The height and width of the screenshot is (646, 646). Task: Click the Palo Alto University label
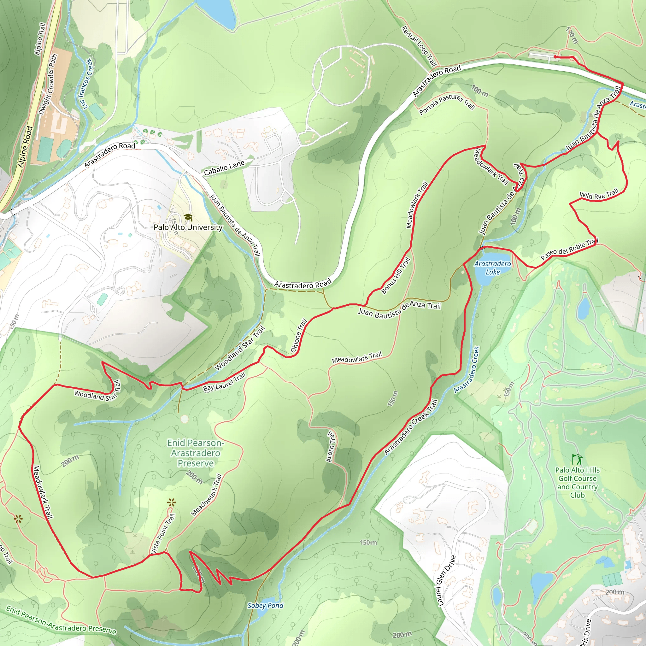pos(188,227)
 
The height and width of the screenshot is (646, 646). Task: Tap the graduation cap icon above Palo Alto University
pos(188,217)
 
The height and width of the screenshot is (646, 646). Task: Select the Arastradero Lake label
pos(492,268)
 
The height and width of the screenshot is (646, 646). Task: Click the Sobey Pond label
pos(265,605)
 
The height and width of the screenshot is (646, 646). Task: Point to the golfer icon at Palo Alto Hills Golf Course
pos(577,459)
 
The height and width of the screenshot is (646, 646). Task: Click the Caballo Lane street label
pos(224,167)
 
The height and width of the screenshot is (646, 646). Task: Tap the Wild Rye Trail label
pos(599,195)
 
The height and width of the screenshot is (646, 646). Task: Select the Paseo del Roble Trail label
pos(569,249)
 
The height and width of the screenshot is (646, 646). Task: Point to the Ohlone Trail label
pos(299,336)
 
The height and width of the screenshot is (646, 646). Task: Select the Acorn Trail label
pos(330,447)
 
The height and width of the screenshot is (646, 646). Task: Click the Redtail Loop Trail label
pos(419,46)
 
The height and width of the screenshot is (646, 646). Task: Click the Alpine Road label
pos(25,146)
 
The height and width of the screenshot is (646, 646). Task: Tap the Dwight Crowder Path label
pos(48,84)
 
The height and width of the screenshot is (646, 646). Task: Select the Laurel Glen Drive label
pos(446,581)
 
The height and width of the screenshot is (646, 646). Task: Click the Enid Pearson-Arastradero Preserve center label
pos(195,453)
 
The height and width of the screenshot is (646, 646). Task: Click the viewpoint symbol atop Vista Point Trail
pos(172,502)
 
